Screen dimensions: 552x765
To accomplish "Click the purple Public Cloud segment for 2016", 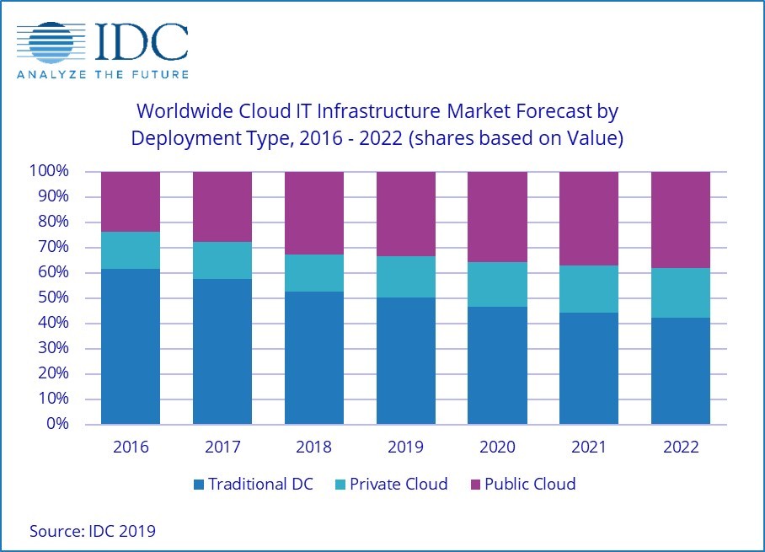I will coord(130,201).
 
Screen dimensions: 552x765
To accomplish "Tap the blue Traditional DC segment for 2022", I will coord(681,371).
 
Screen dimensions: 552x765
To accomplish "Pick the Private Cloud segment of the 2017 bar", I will coord(222,260).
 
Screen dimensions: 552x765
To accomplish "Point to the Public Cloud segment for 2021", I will coord(589,218).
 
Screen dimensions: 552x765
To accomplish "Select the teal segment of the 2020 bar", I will coord(497,285).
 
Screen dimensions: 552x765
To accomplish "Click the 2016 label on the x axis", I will coord(130,447).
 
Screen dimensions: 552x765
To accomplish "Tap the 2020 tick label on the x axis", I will coord(497,447).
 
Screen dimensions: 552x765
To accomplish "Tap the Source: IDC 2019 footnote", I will coord(93,531).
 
